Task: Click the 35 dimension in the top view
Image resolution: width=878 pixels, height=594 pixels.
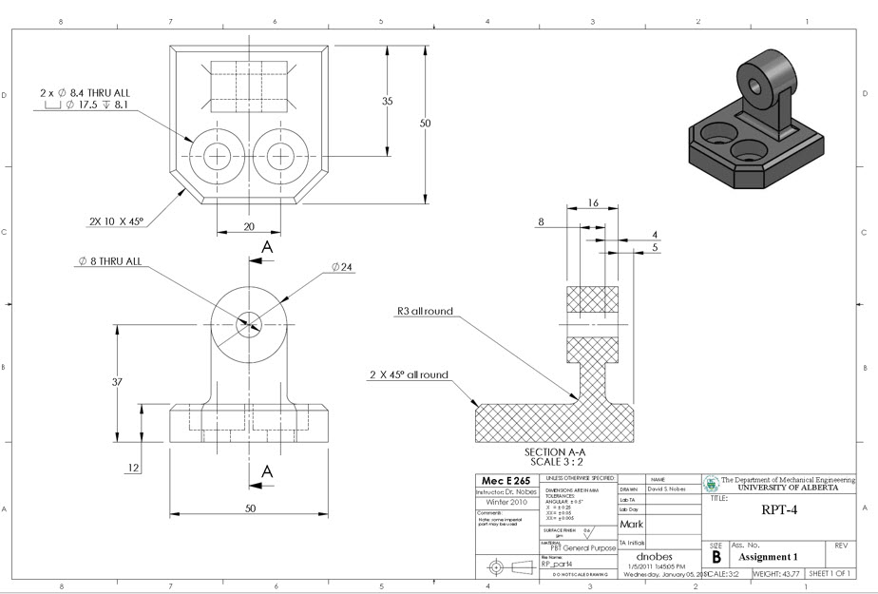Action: tap(388, 101)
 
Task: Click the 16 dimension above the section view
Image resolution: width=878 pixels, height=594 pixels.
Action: tap(593, 202)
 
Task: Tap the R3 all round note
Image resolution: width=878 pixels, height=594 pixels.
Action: tap(425, 311)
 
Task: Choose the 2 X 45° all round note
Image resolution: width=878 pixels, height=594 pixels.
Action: tap(409, 374)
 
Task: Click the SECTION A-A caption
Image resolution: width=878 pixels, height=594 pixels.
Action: tap(562, 452)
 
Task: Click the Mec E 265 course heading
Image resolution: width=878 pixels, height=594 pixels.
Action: tap(505, 480)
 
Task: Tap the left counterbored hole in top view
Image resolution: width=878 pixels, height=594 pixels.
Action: tap(219, 155)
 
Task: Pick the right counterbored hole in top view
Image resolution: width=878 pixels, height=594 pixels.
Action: tap(282, 155)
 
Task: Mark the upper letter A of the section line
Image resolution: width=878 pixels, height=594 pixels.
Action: tap(268, 248)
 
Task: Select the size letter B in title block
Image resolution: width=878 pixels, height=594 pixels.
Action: tap(716, 558)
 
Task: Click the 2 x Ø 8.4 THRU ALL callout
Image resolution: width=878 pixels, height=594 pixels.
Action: tap(85, 93)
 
